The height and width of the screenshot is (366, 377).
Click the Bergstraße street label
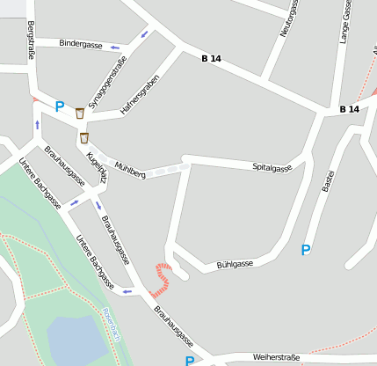point(31,40)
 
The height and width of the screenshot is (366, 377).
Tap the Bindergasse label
point(81,43)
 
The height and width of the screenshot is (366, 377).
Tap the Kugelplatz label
point(97,166)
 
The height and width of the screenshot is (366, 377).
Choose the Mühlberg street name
point(130,169)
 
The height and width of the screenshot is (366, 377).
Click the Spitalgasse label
point(272,166)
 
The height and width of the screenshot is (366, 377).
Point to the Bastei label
point(329,181)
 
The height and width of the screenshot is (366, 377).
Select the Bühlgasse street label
point(235,264)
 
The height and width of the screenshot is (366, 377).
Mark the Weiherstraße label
point(276,357)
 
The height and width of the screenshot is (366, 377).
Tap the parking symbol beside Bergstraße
point(60,106)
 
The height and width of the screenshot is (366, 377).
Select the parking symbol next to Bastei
point(306,250)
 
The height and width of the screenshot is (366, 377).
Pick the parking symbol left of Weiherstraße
point(190,361)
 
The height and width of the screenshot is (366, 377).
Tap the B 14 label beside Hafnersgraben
point(211,58)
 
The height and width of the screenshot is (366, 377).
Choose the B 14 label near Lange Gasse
point(350,109)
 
